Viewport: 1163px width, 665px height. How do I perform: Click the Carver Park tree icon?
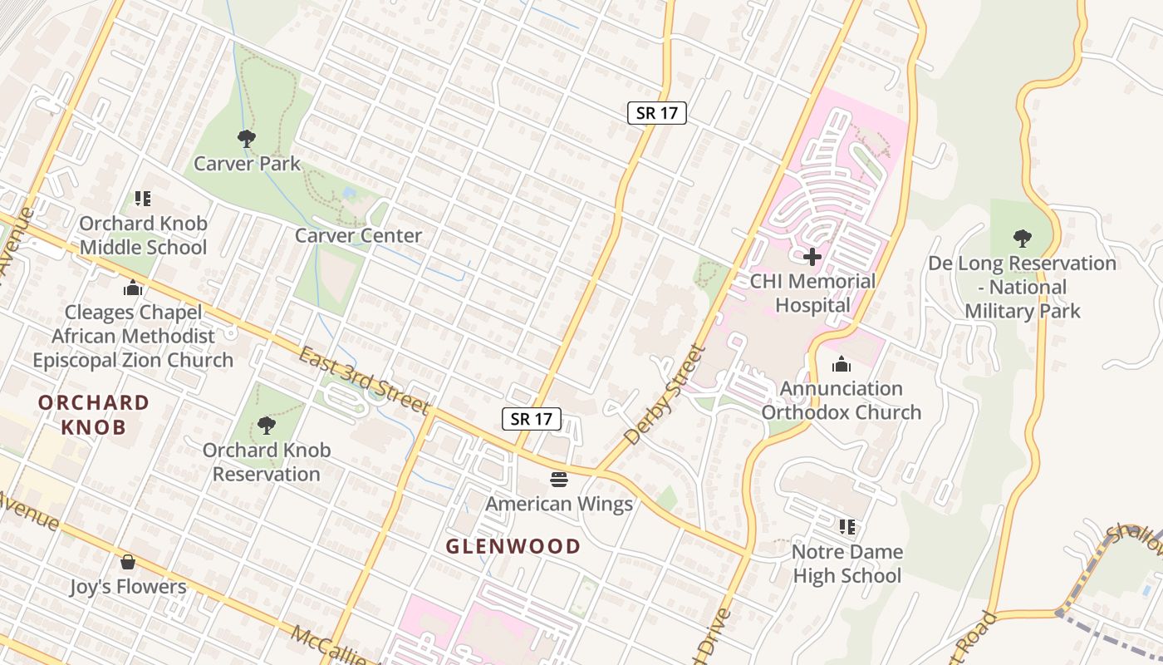pos(246,138)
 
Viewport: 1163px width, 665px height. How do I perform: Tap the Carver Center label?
pos(359,236)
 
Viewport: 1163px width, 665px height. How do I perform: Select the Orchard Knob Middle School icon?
pos(143,199)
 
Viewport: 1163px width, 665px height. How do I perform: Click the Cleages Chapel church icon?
pos(132,288)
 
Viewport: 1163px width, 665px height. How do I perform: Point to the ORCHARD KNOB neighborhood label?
pos(94,415)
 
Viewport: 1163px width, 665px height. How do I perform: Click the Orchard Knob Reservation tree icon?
pos(266,426)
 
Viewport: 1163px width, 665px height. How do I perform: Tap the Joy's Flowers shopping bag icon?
pos(128,563)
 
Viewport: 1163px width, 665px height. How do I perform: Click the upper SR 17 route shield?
pos(656,114)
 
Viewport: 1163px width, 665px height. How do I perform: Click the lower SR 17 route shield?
pos(532,419)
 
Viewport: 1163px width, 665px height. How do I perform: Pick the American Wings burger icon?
pos(558,480)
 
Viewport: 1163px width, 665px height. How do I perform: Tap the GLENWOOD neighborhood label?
pos(513,546)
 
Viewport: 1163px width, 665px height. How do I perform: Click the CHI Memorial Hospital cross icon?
pos(812,257)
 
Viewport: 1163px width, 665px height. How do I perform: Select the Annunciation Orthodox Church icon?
pos(842,365)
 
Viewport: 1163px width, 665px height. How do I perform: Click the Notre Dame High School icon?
pos(847,527)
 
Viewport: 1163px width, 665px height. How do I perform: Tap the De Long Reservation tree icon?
pos(1022,239)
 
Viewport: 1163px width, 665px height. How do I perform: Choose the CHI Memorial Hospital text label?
pos(812,293)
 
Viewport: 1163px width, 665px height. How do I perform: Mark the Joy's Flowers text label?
pos(128,587)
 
